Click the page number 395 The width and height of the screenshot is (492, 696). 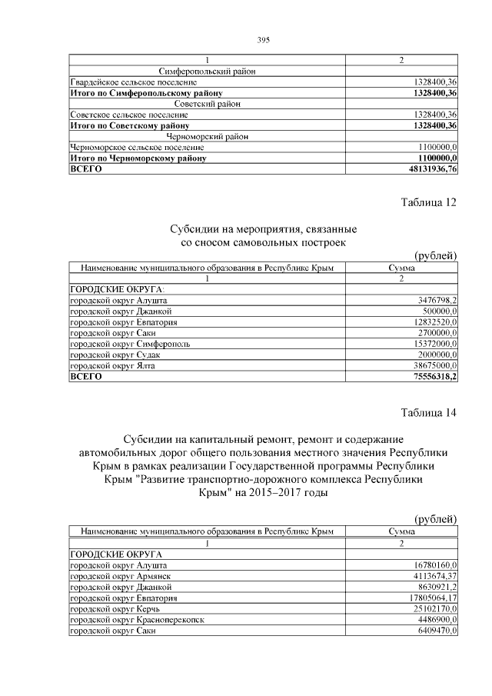point(262,39)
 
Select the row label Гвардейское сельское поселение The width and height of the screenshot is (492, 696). point(133,82)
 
